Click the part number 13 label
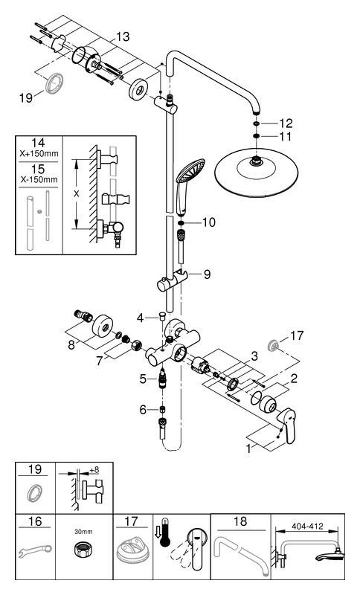coord(123,36)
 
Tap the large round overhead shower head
coord(257,173)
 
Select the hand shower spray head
coord(191,171)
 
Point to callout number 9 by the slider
coord(207,274)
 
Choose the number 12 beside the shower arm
coord(286,123)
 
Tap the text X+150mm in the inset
coord(39,154)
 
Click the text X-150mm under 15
coord(39,179)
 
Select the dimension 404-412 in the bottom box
coord(307,527)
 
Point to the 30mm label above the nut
coord(84,532)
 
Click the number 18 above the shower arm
coord(240,522)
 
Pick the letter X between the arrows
coord(77,194)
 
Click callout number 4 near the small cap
coord(141,318)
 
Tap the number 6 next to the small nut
coord(143,410)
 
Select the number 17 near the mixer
coord(297,336)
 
